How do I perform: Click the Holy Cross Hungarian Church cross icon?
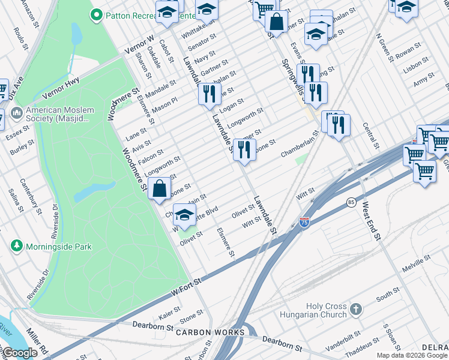click(x=357, y=310)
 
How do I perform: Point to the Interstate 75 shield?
click(x=305, y=223)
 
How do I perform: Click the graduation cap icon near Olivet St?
click(x=185, y=215)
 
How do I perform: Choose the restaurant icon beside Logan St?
click(x=208, y=94)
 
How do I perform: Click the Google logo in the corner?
click(x=19, y=353)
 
